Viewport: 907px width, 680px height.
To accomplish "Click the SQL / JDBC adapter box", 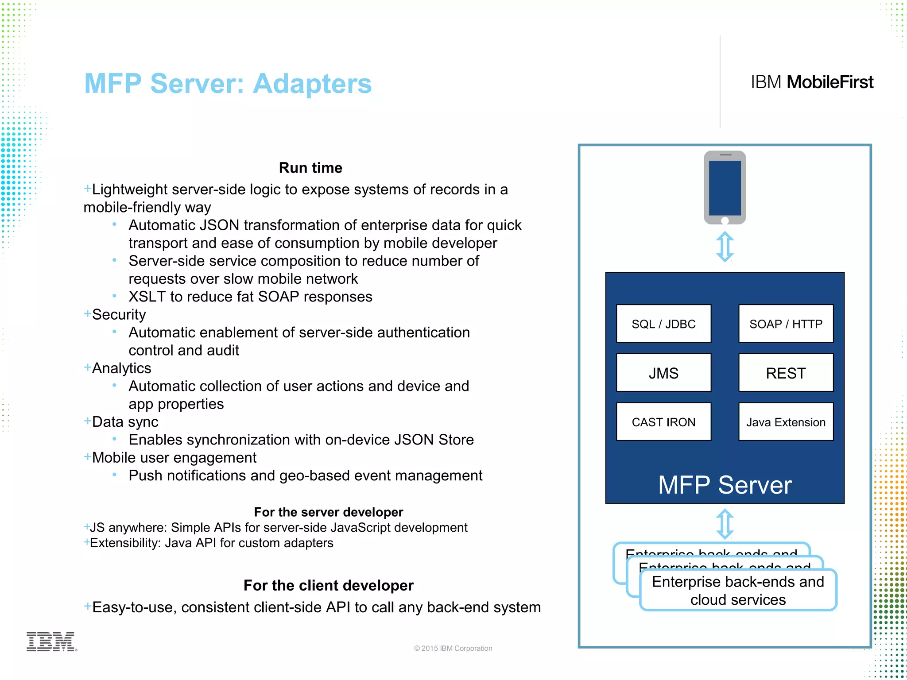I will [663, 324].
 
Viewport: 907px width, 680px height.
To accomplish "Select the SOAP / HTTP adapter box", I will [786, 324].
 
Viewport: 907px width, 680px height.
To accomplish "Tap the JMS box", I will [663, 373].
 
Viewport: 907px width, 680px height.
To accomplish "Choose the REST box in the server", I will [786, 373].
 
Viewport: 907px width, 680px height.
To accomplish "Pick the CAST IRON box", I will [663, 422].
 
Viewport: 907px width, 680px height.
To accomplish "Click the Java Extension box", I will [786, 422].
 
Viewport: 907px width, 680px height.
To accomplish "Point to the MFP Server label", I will [725, 485].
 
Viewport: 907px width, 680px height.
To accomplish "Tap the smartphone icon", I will [725, 188].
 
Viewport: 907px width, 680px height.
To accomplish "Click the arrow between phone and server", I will [725, 247].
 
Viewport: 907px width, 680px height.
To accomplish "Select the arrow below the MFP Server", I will [725, 524].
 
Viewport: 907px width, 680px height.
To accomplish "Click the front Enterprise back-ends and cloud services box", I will [738, 591].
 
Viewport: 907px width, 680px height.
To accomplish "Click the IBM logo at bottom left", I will [51, 641].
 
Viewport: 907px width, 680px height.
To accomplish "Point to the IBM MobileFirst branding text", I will [811, 82].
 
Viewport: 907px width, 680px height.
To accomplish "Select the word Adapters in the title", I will [312, 84].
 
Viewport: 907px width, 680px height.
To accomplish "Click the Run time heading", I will [310, 168].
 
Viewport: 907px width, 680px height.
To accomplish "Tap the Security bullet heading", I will [119, 314].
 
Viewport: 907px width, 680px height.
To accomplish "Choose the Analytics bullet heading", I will [121, 368].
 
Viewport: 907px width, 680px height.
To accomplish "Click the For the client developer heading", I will [328, 585].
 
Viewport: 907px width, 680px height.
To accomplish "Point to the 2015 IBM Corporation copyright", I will [453, 648].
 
